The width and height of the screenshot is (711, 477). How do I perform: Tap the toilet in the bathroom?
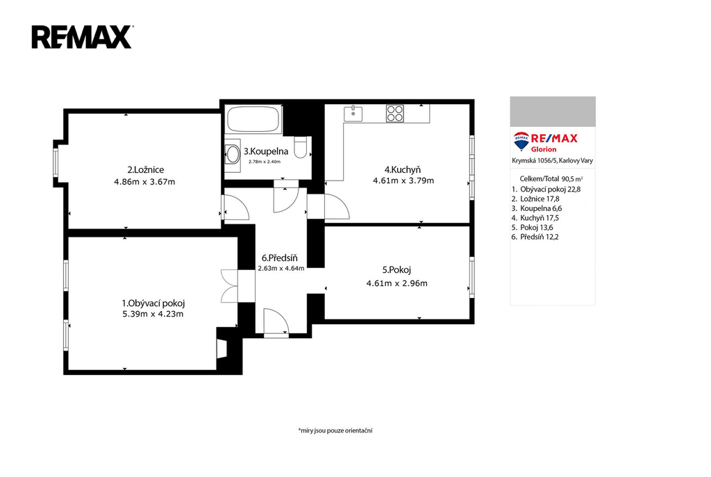click(301, 147)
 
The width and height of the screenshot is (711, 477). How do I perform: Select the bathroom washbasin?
click(233, 154)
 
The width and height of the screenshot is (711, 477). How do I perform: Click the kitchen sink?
click(353, 114)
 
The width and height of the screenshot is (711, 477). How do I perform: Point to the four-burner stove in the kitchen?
click(395, 113)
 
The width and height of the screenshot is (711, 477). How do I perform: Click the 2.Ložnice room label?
click(145, 170)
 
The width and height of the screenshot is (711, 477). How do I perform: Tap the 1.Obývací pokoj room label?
click(153, 303)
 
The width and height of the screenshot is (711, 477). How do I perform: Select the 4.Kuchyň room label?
click(403, 170)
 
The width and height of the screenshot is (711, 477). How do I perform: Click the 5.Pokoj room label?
click(396, 270)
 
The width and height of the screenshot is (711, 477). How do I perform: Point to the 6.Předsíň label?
click(280, 258)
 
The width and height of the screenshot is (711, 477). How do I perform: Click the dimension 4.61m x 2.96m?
click(396, 283)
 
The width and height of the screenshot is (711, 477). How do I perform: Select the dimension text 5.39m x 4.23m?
click(153, 315)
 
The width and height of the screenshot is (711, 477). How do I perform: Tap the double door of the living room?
click(229, 286)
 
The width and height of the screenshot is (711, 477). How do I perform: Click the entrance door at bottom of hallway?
click(276, 322)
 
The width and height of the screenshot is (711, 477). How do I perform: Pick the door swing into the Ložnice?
click(236, 208)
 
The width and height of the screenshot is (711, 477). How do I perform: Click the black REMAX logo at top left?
click(82, 37)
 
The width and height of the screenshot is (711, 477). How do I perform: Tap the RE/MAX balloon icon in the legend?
click(521, 141)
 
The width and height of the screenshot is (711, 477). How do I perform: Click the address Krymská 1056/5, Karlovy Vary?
click(552, 160)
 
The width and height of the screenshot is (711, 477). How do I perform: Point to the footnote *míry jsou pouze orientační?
click(335, 430)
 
